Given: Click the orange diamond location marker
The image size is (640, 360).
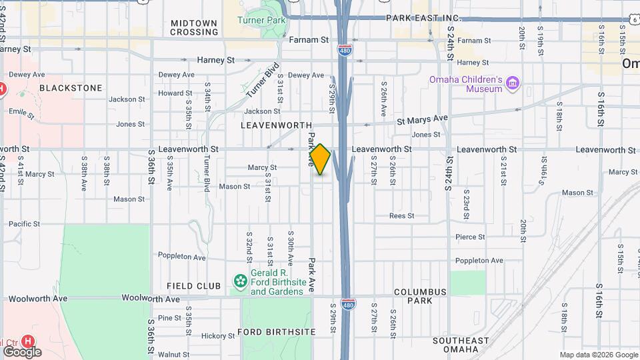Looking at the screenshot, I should tap(320, 159).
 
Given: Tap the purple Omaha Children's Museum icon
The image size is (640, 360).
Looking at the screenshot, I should tap(512, 83).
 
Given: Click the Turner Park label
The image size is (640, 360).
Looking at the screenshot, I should tap(261, 20).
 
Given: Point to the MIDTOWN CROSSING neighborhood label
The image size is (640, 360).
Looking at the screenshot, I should tap(194, 27).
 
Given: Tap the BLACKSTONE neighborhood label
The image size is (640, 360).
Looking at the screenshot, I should tap(71, 88).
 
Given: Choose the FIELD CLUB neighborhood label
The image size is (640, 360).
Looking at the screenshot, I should tap(194, 286).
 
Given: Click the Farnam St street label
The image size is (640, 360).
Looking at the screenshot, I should tap(309, 40).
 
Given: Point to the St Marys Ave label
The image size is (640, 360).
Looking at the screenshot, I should tap(422, 119).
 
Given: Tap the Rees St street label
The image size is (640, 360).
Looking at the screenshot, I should tap(402, 215).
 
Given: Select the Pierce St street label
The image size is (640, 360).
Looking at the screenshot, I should tap(469, 237).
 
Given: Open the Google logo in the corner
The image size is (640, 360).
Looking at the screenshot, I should tap(22, 351).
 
